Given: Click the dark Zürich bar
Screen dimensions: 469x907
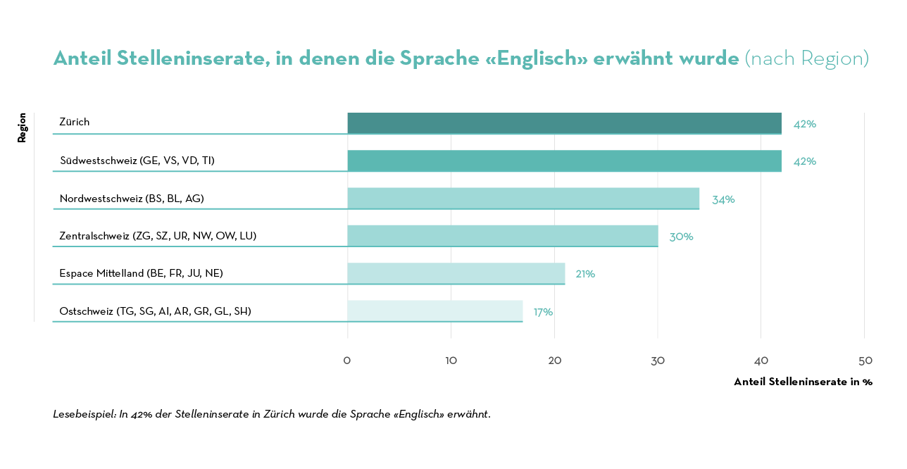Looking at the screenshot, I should [x=564, y=123].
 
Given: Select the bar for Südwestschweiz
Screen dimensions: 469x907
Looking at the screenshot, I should [x=564, y=161].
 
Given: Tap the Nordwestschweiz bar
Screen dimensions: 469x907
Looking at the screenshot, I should [x=523, y=199].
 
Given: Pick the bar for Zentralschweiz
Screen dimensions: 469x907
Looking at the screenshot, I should [x=502, y=236].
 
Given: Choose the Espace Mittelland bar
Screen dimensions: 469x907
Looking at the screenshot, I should [x=456, y=273].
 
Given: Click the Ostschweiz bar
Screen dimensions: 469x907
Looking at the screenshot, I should [x=434, y=311].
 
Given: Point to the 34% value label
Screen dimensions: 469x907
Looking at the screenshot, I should [x=723, y=199].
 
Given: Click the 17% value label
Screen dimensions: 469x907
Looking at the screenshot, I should [x=543, y=312].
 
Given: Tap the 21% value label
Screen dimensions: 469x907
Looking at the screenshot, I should [x=585, y=274].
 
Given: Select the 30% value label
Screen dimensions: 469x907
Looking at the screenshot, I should [x=681, y=237].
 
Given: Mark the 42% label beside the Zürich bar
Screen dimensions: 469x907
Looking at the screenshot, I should [x=805, y=124].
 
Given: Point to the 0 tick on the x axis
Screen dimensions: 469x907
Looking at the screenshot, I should [x=347, y=361].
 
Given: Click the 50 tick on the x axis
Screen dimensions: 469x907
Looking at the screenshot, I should [x=865, y=361].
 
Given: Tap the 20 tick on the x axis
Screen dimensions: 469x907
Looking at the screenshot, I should [x=555, y=361].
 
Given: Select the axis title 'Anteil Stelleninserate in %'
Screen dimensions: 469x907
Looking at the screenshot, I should [x=803, y=382].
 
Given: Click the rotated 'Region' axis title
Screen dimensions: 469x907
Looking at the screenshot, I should [x=22, y=127].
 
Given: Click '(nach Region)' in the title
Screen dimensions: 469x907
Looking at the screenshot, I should [x=807, y=58].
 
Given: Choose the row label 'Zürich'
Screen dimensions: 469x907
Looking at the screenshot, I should [x=75, y=122].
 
